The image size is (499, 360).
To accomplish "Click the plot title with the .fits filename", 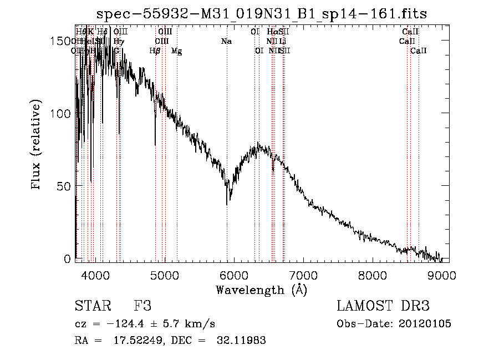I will click(x=262, y=13).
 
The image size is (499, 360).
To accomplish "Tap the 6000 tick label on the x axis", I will click(x=233, y=273).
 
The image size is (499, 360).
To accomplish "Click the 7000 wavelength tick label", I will click(x=303, y=273).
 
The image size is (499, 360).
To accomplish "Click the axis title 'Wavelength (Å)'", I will click(x=261, y=290).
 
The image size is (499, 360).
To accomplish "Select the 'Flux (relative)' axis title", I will click(x=37, y=146).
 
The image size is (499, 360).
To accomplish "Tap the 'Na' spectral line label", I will click(x=226, y=42).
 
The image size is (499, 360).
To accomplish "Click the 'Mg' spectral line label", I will click(x=176, y=51).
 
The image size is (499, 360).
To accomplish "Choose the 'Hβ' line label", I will click(x=155, y=51).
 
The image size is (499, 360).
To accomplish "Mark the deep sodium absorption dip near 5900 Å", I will click(x=227, y=203).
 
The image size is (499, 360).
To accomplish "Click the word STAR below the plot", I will click(x=93, y=306).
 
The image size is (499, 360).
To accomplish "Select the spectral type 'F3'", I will click(x=142, y=306).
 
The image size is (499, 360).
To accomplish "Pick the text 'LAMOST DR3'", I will click(x=383, y=306).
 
